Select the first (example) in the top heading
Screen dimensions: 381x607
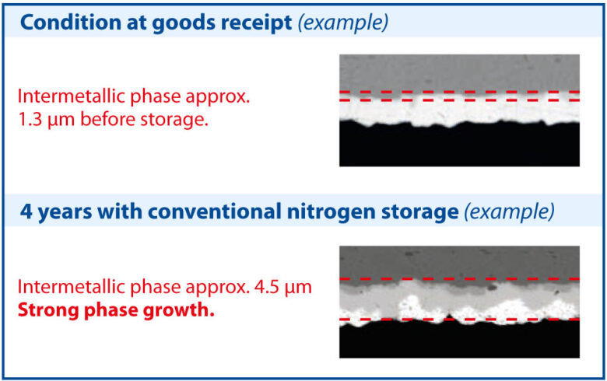coord(343,22)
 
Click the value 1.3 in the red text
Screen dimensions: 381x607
coord(32,121)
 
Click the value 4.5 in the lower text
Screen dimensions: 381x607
coord(267,288)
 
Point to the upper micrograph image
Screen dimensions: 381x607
coord(459,110)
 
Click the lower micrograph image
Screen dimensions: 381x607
coord(459,302)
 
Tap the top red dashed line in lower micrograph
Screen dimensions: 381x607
coord(459,278)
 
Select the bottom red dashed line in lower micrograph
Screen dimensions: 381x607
coord(459,320)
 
